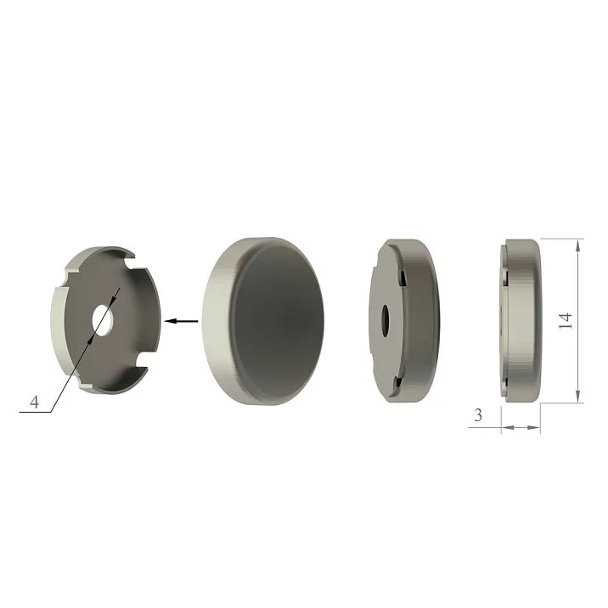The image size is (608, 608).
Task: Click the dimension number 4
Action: point(34,403)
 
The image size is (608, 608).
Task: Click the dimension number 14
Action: point(566,320)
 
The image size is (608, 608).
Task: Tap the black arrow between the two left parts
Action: point(182,321)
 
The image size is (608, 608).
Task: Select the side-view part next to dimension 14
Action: point(520,322)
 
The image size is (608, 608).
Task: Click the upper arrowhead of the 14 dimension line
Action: point(579,245)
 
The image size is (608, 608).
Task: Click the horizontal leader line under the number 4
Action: point(34,413)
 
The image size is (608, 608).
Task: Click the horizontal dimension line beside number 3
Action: point(520,427)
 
